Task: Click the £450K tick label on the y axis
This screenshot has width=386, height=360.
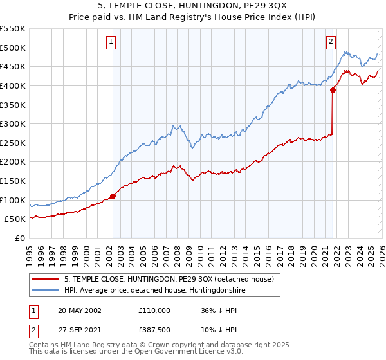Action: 13,66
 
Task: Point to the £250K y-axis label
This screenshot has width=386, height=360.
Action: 13,143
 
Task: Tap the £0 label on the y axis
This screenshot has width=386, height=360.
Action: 20,239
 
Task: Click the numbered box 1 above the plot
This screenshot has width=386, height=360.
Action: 111,42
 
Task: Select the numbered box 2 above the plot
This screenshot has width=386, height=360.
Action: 331,42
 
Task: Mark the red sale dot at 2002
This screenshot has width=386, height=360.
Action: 113,196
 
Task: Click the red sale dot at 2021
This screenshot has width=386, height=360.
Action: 333,90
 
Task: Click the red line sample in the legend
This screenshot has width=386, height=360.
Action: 46,279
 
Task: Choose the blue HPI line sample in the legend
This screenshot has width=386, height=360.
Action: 46,290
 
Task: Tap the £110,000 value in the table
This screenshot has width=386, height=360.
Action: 154,310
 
